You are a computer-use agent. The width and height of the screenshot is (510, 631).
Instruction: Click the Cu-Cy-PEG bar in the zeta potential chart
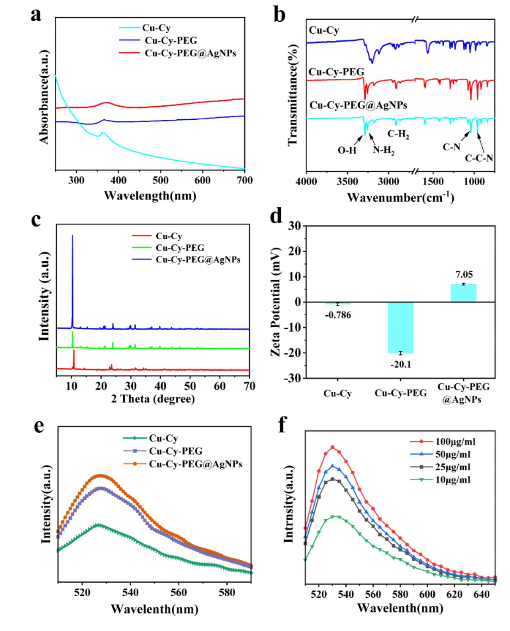tap(401, 328)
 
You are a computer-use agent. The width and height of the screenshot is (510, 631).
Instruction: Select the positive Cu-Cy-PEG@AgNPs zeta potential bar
tap(463, 293)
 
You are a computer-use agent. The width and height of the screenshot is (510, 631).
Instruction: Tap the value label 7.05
tap(464, 275)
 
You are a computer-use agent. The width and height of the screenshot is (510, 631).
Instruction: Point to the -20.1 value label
tap(401, 365)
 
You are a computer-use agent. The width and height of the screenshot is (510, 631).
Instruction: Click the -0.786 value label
tap(338, 315)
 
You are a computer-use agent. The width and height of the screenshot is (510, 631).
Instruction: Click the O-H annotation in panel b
tap(347, 151)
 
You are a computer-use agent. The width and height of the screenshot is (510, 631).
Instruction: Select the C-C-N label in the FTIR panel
tap(479, 158)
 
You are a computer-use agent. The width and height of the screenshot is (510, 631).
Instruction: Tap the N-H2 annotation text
tap(383, 150)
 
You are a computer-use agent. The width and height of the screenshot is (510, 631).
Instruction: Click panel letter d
tap(276, 216)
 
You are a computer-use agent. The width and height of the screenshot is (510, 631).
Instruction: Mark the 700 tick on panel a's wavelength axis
tap(244, 180)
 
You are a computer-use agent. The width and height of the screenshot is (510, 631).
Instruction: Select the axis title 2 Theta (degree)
tap(153, 399)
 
